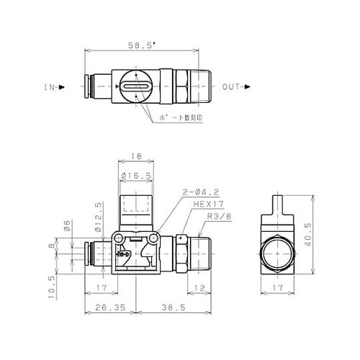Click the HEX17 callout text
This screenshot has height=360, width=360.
(x=204, y=204)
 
